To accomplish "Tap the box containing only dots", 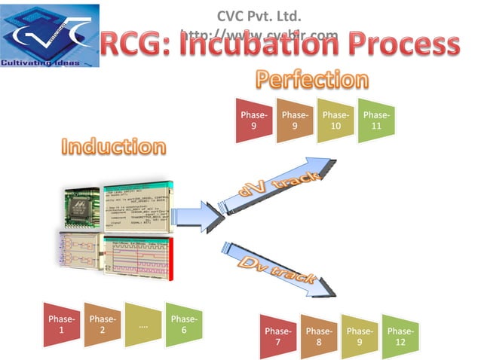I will pyautogui.click(x=143, y=325).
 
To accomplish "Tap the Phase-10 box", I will pyautogui.click(x=335, y=121).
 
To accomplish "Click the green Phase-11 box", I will pyautogui.click(x=376, y=121).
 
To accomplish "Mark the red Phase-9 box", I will pyautogui.click(x=253, y=121).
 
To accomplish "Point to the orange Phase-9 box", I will pyautogui.click(x=295, y=121).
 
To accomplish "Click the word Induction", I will pyautogui.click(x=113, y=146).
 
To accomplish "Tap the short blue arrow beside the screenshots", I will pyautogui.click(x=204, y=213).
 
